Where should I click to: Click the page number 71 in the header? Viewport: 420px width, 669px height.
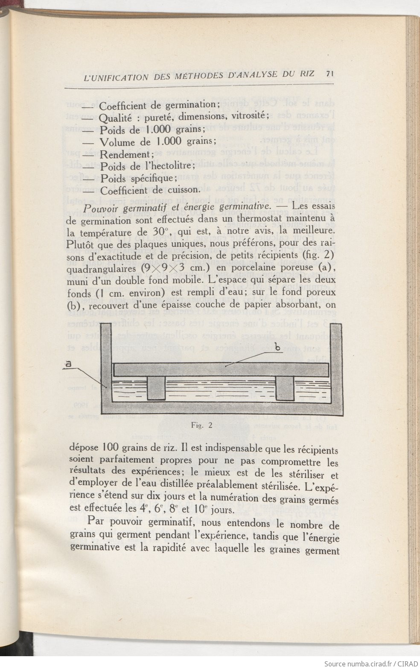329,73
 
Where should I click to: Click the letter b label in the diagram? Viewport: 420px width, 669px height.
277,348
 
